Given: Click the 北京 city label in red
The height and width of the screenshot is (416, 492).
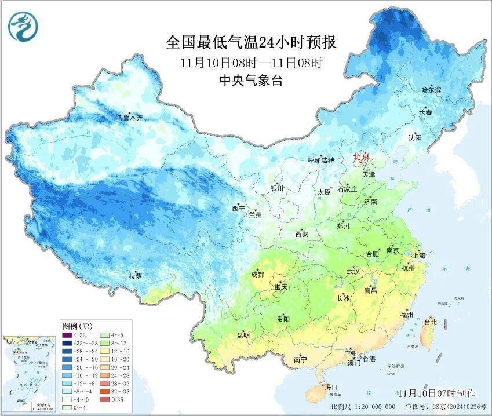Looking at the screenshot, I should coord(361,156).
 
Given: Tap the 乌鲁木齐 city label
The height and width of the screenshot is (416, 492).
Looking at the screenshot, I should coord(129,118).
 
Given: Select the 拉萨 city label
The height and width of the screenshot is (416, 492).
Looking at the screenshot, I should coord(135,276).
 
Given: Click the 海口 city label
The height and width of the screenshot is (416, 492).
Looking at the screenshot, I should coord(331,386).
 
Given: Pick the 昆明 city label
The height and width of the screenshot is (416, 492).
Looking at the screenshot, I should coord(243,335).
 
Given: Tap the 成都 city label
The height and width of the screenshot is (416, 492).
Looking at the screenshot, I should coord(257,274).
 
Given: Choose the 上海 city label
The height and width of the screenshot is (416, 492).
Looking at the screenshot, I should coord(418,255).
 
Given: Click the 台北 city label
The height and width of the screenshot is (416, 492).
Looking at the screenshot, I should coord(430,322).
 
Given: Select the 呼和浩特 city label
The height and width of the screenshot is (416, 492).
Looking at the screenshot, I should coord(320,160).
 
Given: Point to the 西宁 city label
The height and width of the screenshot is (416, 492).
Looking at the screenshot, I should coord(238,208).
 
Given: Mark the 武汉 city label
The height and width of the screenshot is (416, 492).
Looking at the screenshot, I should coord(353,271).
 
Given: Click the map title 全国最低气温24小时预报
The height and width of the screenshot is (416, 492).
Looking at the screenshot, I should coord(251,42).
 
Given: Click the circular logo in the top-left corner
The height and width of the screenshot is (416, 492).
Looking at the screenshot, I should coord(23,27).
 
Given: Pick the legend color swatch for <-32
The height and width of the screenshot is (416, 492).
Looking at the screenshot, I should coord(67,335).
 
